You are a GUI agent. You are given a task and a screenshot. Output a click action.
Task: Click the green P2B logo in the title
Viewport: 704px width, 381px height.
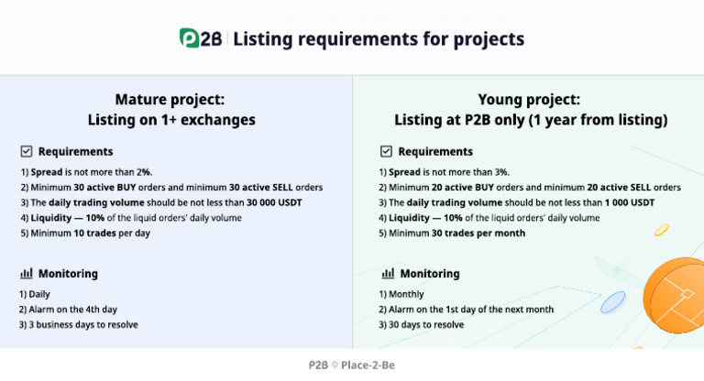pos(201,38)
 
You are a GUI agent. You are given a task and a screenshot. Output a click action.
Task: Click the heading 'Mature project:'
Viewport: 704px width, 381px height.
pos(170,100)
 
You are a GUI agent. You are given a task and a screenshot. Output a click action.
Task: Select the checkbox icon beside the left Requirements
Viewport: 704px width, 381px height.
pos(27,151)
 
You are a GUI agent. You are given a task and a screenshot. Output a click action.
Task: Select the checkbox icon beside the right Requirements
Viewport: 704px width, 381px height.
pos(386,151)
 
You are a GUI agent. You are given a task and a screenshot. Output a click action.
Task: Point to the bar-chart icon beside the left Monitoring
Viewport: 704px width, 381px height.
pos(27,273)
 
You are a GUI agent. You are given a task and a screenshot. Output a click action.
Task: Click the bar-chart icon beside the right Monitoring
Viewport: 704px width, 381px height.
pos(388,273)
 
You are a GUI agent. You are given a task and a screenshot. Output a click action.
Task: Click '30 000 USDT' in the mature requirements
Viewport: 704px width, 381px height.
pos(274,202)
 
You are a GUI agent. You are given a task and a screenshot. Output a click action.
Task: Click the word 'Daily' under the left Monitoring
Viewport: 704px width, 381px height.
pos(38,294)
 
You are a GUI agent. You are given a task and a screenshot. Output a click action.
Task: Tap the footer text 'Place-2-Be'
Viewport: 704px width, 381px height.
pos(367,365)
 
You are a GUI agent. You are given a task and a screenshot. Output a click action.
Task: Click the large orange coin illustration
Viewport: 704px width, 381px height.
pos(676,293)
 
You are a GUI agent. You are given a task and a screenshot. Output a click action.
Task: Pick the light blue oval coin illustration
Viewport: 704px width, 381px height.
pos(612,301)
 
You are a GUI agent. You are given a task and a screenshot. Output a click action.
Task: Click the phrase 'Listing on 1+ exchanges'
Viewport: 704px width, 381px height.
pos(170,120)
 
